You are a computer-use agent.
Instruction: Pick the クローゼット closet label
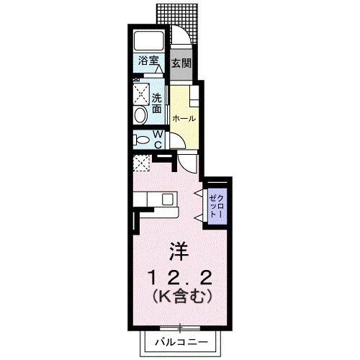click(x=216, y=204)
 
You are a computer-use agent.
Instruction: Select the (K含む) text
click(x=179, y=296)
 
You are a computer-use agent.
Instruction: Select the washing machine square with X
click(x=140, y=93)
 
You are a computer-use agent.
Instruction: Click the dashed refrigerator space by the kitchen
click(x=140, y=163)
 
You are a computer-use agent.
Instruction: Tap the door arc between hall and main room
click(x=186, y=161)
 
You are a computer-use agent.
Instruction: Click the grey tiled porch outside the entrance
click(x=187, y=14)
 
